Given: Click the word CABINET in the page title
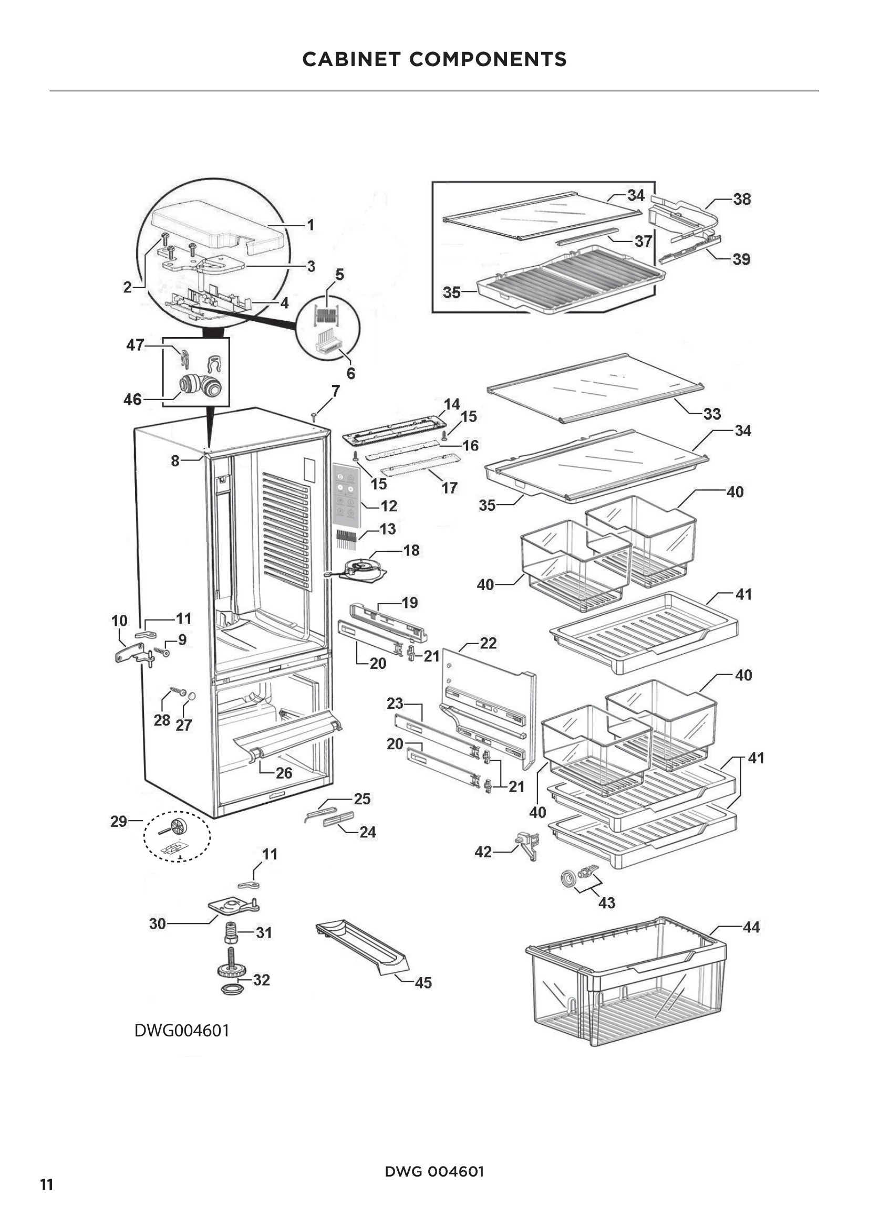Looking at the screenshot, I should click(x=351, y=59).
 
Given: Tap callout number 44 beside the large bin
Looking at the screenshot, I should click(x=751, y=927).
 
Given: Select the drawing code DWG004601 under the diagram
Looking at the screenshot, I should click(x=181, y=1030).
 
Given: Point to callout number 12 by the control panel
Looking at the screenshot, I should click(x=388, y=506).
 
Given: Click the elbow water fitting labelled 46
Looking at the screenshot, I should click(x=199, y=385).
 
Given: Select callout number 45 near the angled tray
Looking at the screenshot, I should click(x=423, y=982).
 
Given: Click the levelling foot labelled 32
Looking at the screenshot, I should click(x=231, y=974).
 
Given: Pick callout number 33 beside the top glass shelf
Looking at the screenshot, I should click(x=712, y=413).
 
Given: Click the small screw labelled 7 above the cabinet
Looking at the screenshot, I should click(x=314, y=416).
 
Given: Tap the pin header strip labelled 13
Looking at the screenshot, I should click(x=347, y=539).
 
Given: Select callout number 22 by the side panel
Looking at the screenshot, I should click(x=488, y=643).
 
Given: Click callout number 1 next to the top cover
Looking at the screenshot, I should click(x=310, y=225).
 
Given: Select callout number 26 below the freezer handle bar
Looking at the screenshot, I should click(x=284, y=772).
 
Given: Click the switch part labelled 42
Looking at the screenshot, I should click(x=528, y=845).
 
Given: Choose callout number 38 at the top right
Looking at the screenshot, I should click(x=742, y=199).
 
